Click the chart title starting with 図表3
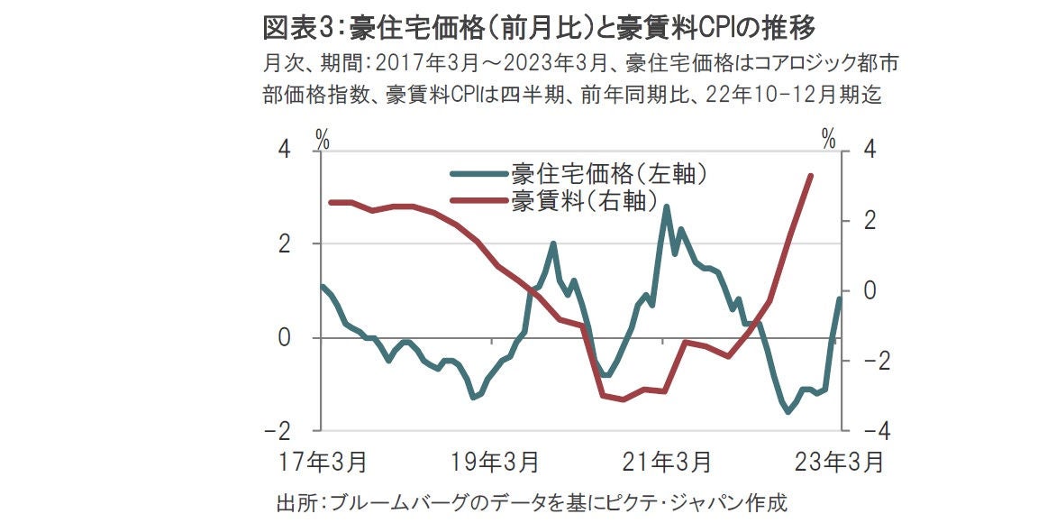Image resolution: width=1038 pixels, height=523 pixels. point(538,28)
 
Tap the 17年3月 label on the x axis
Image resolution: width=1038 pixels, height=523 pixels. point(322,463)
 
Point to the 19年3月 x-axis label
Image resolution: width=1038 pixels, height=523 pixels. point(495,463)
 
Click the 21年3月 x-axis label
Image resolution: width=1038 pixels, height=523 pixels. point(666,463)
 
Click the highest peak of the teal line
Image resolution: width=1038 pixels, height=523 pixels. point(667,206)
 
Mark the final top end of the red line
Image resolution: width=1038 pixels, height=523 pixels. point(811,176)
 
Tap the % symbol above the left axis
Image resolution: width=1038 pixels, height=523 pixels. point(323,140)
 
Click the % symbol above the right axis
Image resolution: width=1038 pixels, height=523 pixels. point(828,140)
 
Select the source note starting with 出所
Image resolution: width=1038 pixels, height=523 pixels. point(533,502)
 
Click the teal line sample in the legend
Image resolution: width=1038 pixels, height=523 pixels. point(478,174)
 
